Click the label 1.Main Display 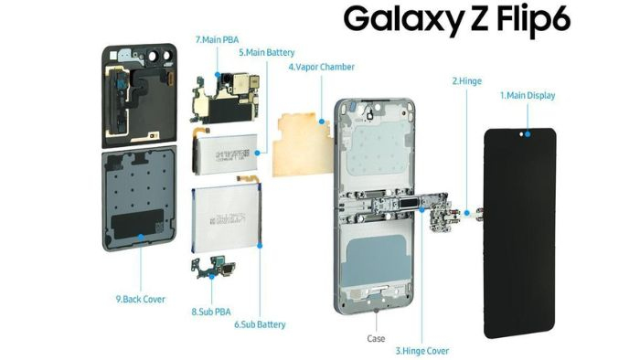point(527,95)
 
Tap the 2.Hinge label point(466,80)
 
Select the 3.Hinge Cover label point(421,350)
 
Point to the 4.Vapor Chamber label point(321,68)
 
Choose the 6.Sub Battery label point(260,324)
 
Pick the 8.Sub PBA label point(210,312)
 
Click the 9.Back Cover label point(141,298)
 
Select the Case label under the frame point(377,338)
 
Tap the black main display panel point(518,228)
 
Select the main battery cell point(223,152)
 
